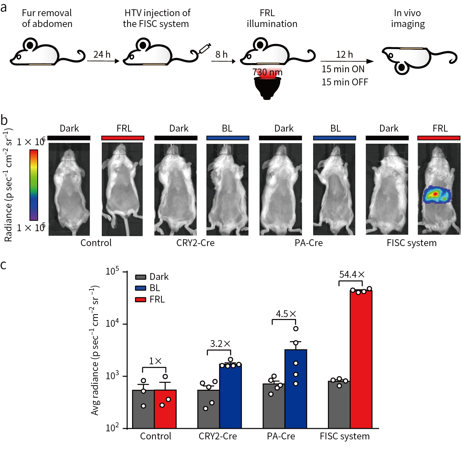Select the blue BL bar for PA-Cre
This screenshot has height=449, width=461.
(x=296, y=391)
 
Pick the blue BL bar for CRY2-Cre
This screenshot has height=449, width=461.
(x=230, y=397)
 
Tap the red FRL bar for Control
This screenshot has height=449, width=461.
(x=165, y=410)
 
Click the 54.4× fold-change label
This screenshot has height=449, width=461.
(x=352, y=275)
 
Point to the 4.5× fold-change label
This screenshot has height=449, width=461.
(x=286, y=314)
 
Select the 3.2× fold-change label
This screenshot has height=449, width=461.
(x=220, y=344)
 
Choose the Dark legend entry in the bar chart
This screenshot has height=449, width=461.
(x=152, y=277)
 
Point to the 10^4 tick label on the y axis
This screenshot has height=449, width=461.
(x=112, y=324)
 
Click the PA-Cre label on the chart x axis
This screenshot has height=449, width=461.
(x=281, y=436)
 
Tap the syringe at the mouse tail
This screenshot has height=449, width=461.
(x=205, y=49)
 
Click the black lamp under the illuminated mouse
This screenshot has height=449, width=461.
(x=267, y=88)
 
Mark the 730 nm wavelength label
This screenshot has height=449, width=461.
(x=267, y=73)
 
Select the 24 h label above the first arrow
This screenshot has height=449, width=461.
(x=102, y=55)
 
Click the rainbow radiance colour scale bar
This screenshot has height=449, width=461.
(x=33, y=185)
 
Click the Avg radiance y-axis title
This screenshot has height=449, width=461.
(x=95, y=351)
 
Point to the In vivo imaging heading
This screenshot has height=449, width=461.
(x=407, y=18)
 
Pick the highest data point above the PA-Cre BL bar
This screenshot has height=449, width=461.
(x=296, y=329)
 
